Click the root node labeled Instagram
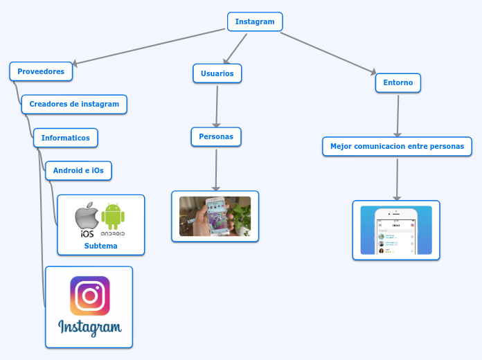(254, 21)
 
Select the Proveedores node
(41, 71)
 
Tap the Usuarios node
(217, 73)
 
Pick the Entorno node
(398, 82)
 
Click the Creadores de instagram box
(74, 104)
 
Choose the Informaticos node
(66, 138)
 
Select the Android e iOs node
(78, 170)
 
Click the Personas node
(216, 137)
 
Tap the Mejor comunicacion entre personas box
(397, 146)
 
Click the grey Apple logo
(87, 216)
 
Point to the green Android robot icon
(113, 217)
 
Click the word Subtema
(100, 246)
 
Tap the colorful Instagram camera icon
(90, 296)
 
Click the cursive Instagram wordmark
(90, 327)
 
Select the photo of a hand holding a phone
(215, 216)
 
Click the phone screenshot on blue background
(395, 230)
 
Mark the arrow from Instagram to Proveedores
(149, 46)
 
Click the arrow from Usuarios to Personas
(217, 105)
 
